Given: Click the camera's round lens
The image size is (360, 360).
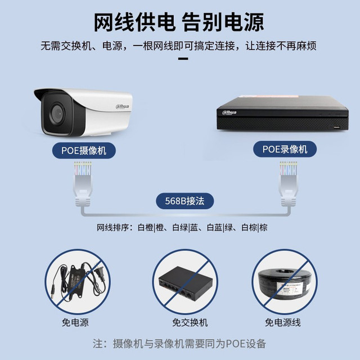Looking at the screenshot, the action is (x=57, y=114).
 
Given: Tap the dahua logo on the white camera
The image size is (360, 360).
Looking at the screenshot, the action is (x=123, y=106).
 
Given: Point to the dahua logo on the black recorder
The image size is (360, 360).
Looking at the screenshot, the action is (x=229, y=112).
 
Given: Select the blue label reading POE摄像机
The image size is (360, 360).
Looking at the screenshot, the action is (x=84, y=151).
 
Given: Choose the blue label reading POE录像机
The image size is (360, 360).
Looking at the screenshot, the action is (x=285, y=149).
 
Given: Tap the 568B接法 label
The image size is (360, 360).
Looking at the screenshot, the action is (x=185, y=201).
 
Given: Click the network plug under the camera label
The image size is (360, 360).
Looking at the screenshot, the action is (x=83, y=184).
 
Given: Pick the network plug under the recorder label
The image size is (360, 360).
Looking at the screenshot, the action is (x=289, y=184).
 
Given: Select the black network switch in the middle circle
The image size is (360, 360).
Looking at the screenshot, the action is (x=186, y=283).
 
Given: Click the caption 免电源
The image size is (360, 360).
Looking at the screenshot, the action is (x=75, y=322).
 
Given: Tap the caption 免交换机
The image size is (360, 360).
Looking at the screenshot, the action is (x=190, y=322).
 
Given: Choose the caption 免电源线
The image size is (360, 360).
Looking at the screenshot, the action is (x=283, y=322).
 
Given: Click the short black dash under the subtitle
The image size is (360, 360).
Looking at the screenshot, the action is (x=183, y=58).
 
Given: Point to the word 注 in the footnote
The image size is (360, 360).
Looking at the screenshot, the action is (x=97, y=344).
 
